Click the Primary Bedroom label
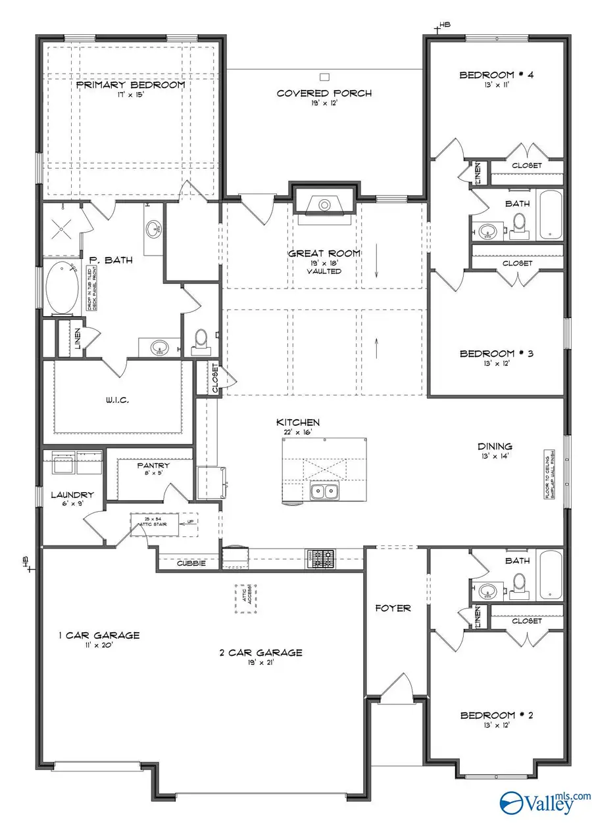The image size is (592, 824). click(x=130, y=85)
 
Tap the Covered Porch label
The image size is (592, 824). click(x=324, y=93)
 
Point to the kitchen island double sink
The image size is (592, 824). click(x=322, y=491)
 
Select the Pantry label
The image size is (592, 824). click(x=154, y=465)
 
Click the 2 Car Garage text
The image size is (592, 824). click(x=261, y=652)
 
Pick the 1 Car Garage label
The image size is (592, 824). click(x=99, y=635)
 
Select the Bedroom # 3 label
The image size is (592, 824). click(x=496, y=354)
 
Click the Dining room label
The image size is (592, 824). click(x=495, y=446)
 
